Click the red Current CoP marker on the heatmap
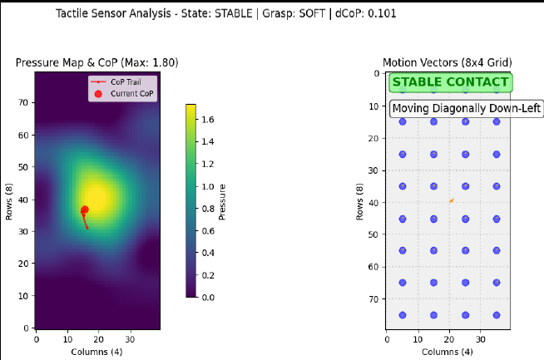point(85,210)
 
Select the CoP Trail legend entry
point(116,81)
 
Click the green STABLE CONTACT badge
point(450,82)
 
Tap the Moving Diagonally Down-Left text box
point(467,109)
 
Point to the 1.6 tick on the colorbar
point(208,120)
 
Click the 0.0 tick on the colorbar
point(208,297)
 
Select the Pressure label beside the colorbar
point(222,202)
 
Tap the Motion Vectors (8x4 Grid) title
point(448,63)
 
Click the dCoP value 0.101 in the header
point(382,13)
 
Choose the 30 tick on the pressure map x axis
point(130,339)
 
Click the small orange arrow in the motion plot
point(452,200)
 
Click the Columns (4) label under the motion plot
point(448,352)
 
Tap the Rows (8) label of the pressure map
point(8,201)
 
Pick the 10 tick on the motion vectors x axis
point(418,339)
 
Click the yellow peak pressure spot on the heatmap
point(98,197)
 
